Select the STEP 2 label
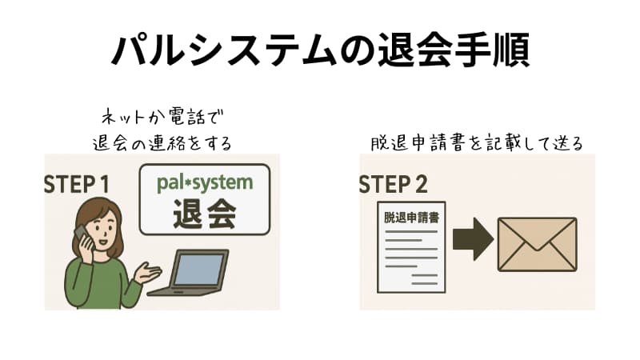tap(393, 183)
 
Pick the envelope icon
tap(537, 244)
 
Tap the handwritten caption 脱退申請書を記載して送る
tap(477, 142)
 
